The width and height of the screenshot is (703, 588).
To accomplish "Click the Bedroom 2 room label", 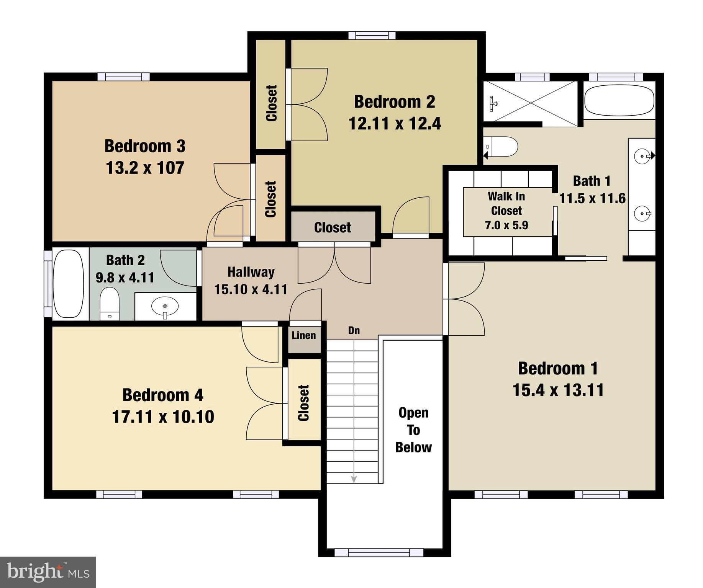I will [394, 102].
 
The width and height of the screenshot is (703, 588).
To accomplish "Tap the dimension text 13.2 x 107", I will [145, 168].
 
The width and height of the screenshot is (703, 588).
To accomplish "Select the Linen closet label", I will [304, 335].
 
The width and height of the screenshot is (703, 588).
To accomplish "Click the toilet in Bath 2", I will [109, 303].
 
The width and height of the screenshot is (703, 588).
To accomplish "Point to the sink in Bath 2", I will [165, 306].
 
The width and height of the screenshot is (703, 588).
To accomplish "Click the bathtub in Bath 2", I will [68, 284].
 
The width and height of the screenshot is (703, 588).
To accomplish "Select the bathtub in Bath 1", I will [619, 100].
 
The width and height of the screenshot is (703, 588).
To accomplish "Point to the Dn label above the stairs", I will [354, 330].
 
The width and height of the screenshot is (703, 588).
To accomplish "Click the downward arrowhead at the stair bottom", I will [354, 479].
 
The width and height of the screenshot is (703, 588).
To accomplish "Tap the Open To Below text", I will [413, 430].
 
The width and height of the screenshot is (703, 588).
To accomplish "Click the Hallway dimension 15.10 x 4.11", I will [251, 289].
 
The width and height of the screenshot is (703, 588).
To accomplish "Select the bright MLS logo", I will [48, 572].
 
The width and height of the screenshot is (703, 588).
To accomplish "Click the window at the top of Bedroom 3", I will [123, 77].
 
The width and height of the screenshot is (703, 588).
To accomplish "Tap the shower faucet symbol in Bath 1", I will [493, 103].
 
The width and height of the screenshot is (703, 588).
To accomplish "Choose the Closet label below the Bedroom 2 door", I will [333, 227].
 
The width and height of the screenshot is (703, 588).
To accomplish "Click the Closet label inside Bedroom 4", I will [303, 403].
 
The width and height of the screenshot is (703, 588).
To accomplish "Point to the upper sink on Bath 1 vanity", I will [642, 156].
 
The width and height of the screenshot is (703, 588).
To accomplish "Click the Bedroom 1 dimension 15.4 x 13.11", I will [558, 390].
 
